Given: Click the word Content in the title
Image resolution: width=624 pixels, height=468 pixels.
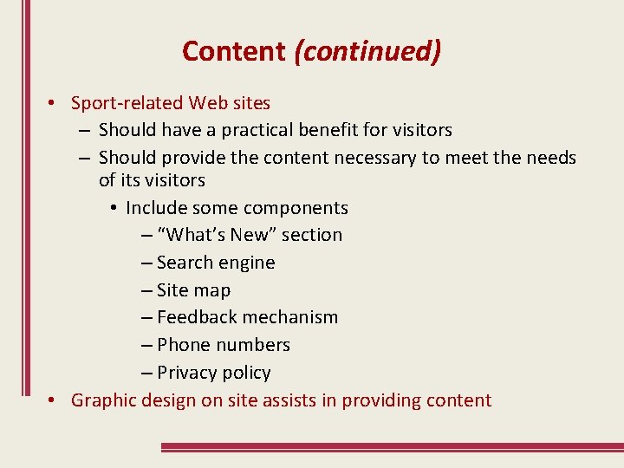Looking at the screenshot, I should tap(233, 51).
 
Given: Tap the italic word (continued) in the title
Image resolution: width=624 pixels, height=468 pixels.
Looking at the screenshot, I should tap(367, 51).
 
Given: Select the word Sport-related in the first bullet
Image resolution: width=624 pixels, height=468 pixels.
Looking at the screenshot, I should tap(127, 103).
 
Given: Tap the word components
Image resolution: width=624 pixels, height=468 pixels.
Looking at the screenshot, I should tap(297, 208).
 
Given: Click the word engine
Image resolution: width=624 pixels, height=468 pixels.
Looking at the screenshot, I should tap(248, 263).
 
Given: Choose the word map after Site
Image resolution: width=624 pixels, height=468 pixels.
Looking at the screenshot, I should tap(213, 290).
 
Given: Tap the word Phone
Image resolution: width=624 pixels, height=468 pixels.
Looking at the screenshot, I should tap(184, 345).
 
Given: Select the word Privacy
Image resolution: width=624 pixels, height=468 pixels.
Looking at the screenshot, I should tap(186, 373).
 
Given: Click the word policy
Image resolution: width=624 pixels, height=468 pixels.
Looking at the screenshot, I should tap(246, 373).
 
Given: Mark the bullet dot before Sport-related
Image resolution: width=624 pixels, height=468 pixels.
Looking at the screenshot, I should tap(53, 103).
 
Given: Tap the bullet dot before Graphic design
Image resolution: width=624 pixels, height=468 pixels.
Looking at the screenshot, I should tap(53, 400).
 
